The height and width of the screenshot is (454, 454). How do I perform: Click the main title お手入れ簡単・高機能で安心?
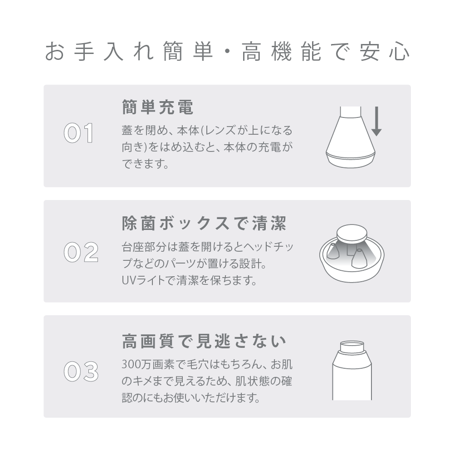pyautogui.click(x=227, y=51)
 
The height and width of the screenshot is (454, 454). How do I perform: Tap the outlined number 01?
pyautogui.click(x=78, y=133)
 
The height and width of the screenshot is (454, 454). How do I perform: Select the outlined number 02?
pyautogui.click(x=81, y=252)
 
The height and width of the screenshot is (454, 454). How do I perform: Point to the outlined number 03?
pyautogui.click(x=81, y=371)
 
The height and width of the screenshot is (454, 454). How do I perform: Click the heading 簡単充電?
pyautogui.click(x=157, y=107)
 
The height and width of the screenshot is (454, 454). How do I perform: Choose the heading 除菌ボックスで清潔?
pyautogui.click(x=204, y=224)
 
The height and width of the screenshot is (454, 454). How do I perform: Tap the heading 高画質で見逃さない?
pyautogui.click(x=204, y=341)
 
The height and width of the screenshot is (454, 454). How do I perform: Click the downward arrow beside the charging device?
pyautogui.click(x=376, y=121)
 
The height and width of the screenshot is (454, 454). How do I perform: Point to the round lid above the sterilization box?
pyautogui.click(x=352, y=234)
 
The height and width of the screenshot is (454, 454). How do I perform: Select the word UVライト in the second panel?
pyautogui.click(x=140, y=280)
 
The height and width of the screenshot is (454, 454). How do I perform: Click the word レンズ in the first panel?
pyautogui.click(x=221, y=131)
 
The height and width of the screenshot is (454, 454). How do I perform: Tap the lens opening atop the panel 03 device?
pyautogui.click(x=352, y=347)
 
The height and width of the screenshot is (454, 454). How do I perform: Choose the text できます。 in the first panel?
pyautogui.click(x=145, y=164)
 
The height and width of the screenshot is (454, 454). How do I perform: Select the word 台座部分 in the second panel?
pyautogui.click(x=144, y=247)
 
